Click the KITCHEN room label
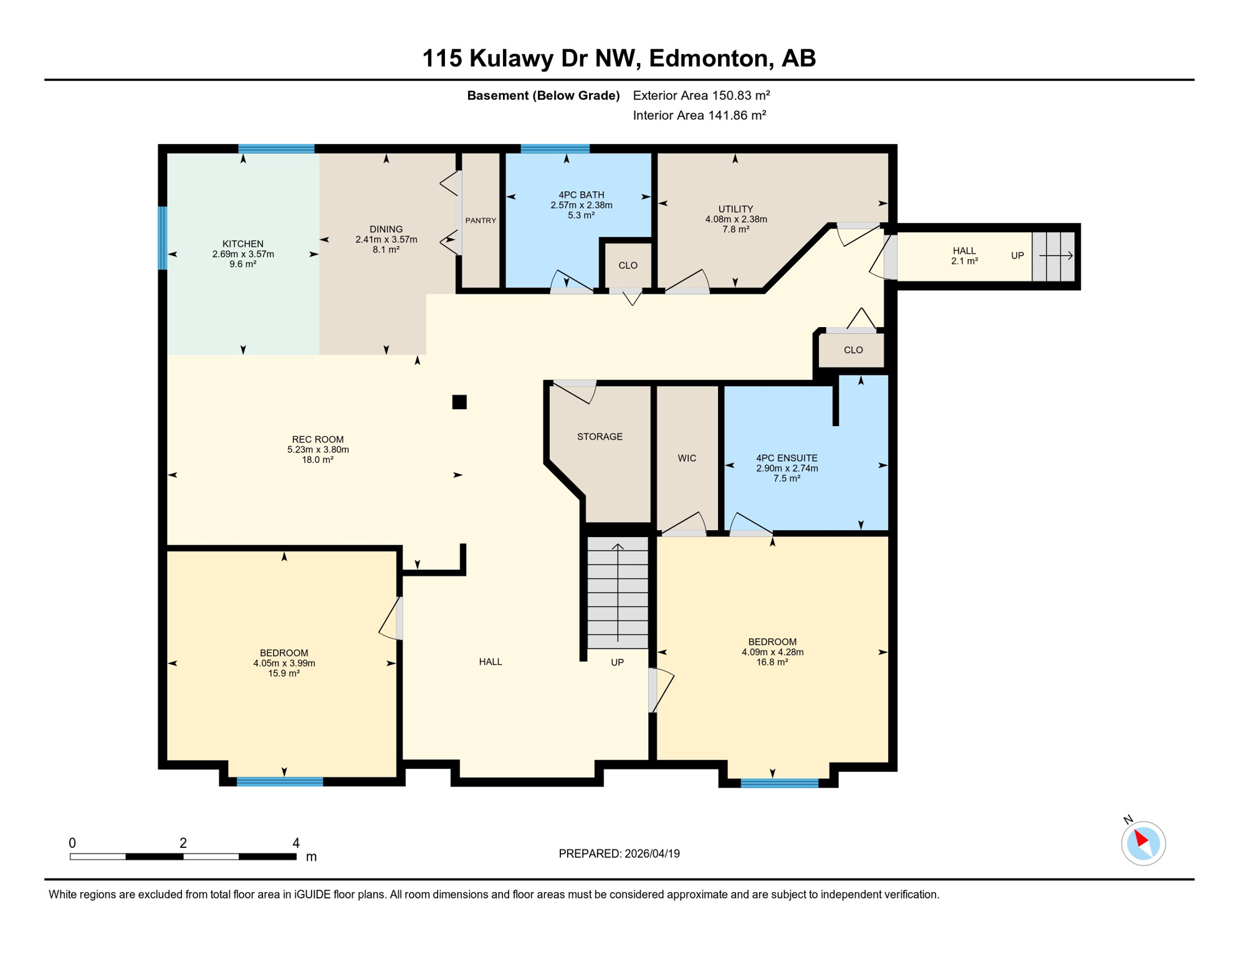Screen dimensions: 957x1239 [243, 244]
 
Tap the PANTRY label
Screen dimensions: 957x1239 [481, 221]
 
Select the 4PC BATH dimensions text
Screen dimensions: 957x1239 [581, 205]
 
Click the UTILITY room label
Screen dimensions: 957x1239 [735, 209]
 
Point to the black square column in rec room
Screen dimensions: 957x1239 [459, 402]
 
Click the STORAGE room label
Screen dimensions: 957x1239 [600, 437]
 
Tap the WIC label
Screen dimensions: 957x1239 [687, 458]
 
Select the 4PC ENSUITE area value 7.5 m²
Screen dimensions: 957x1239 [787, 478]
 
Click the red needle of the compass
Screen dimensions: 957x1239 [1141, 838]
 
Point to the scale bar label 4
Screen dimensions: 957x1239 [296, 843]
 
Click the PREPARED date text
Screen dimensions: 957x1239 [619, 854]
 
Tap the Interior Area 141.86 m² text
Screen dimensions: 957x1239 [699, 115]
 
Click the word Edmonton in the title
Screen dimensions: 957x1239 [707, 58]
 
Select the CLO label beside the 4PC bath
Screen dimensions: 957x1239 [628, 265]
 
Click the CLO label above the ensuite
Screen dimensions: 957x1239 [853, 350]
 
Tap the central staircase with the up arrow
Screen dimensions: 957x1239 [618, 592]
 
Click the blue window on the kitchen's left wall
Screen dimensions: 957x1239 [163, 238]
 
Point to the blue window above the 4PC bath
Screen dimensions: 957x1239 [555, 148]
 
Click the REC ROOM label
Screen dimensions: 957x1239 [318, 439]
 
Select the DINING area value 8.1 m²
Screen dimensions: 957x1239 [386, 249]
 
